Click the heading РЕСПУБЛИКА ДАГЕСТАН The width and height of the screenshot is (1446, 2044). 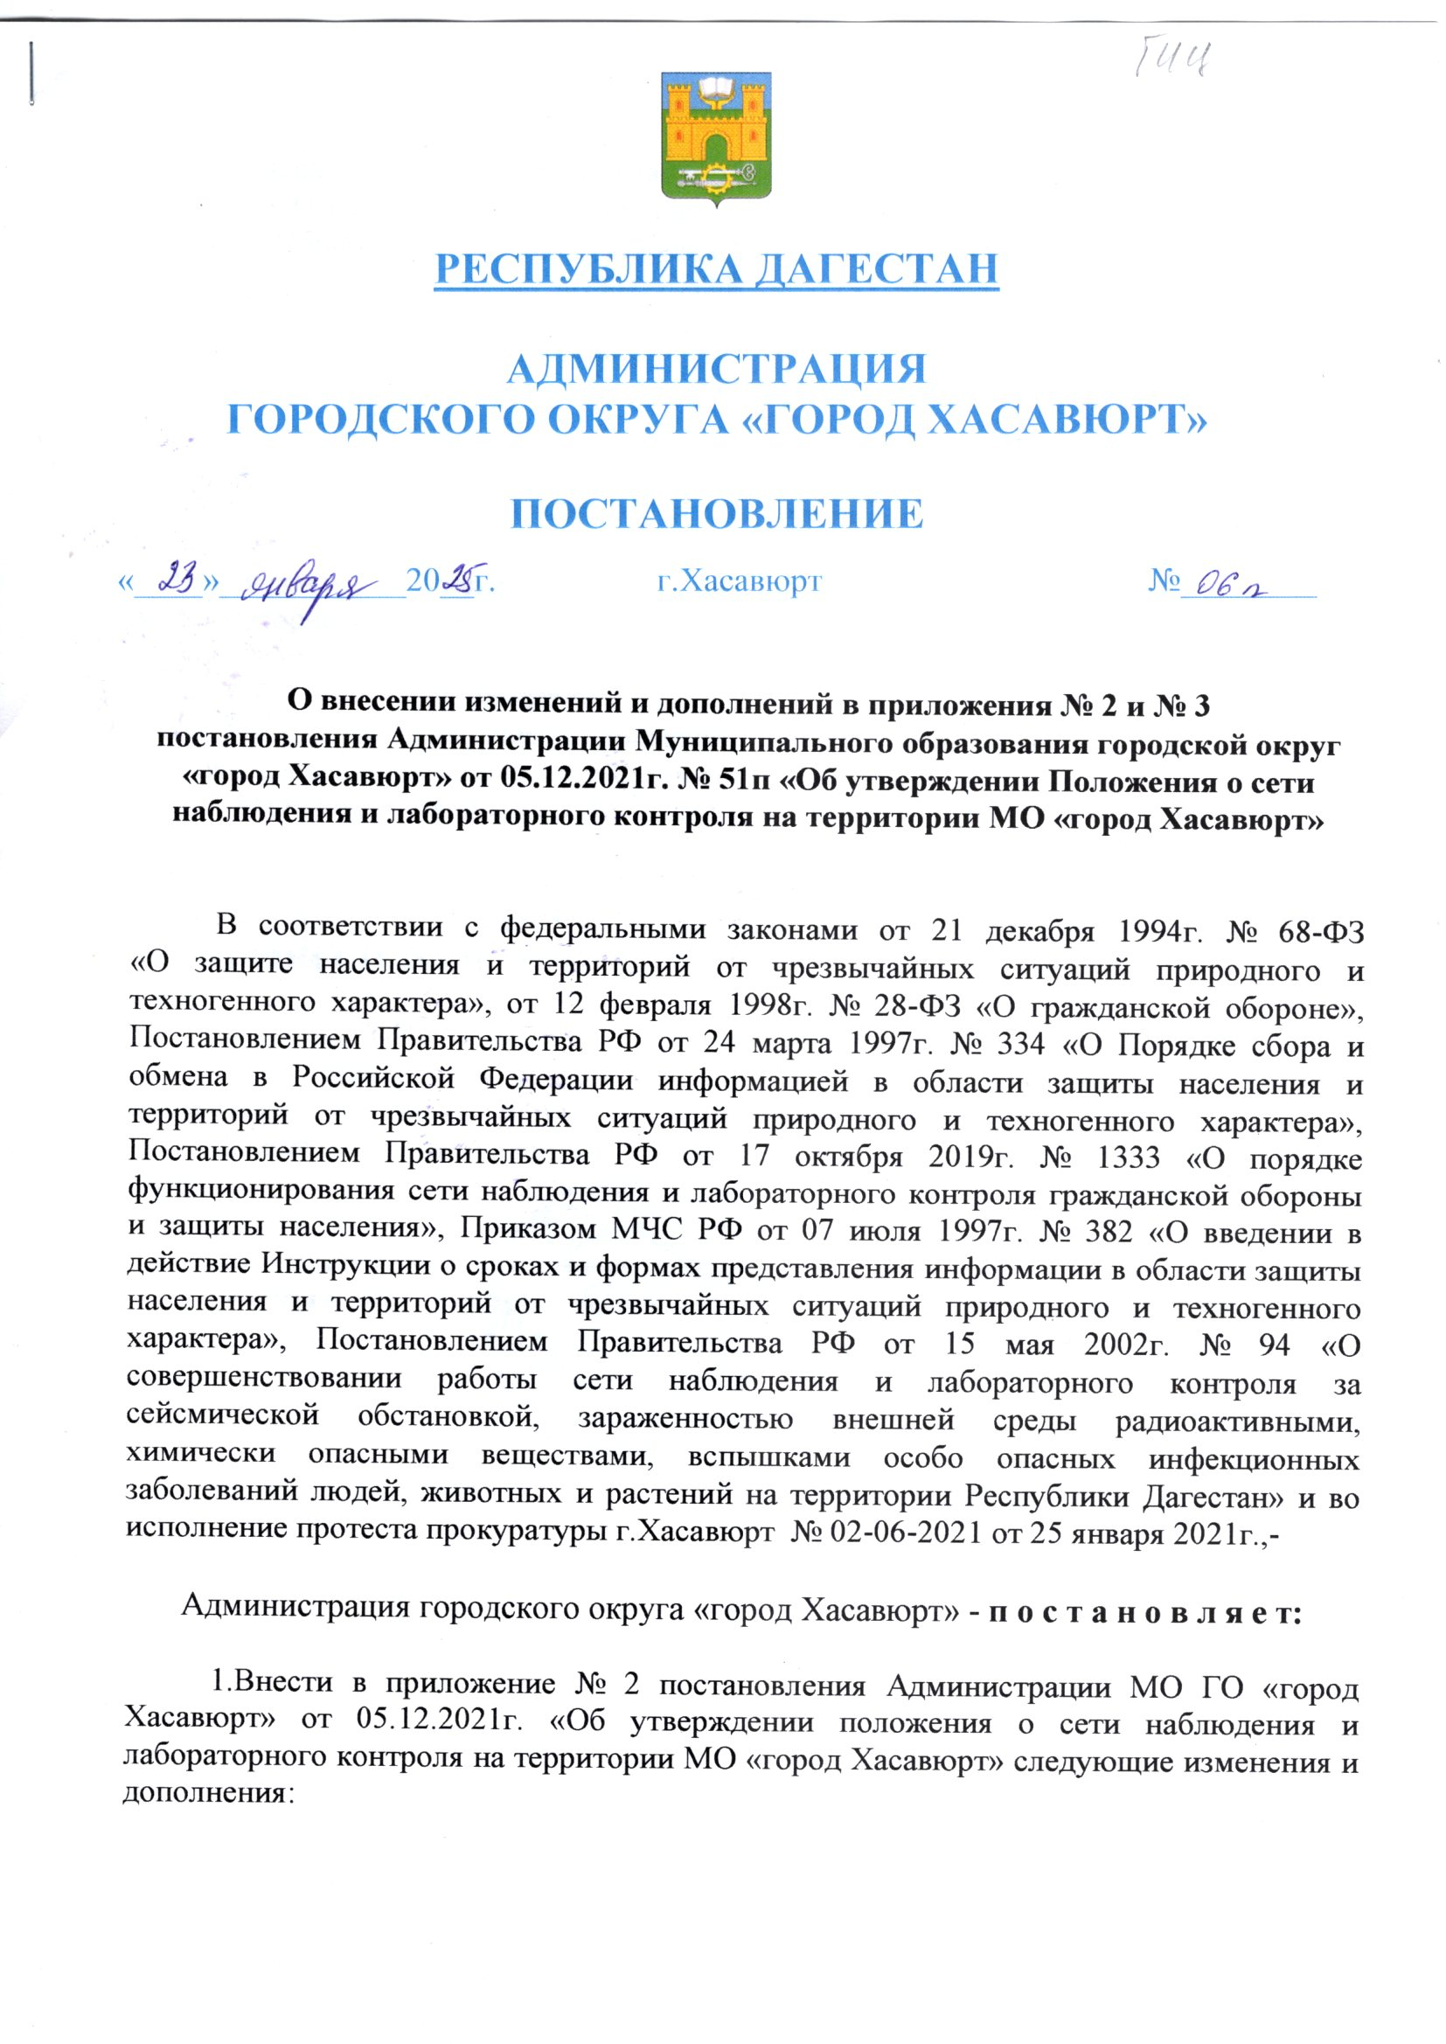pos(716,269)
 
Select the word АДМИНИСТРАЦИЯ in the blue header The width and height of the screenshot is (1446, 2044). pos(716,369)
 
